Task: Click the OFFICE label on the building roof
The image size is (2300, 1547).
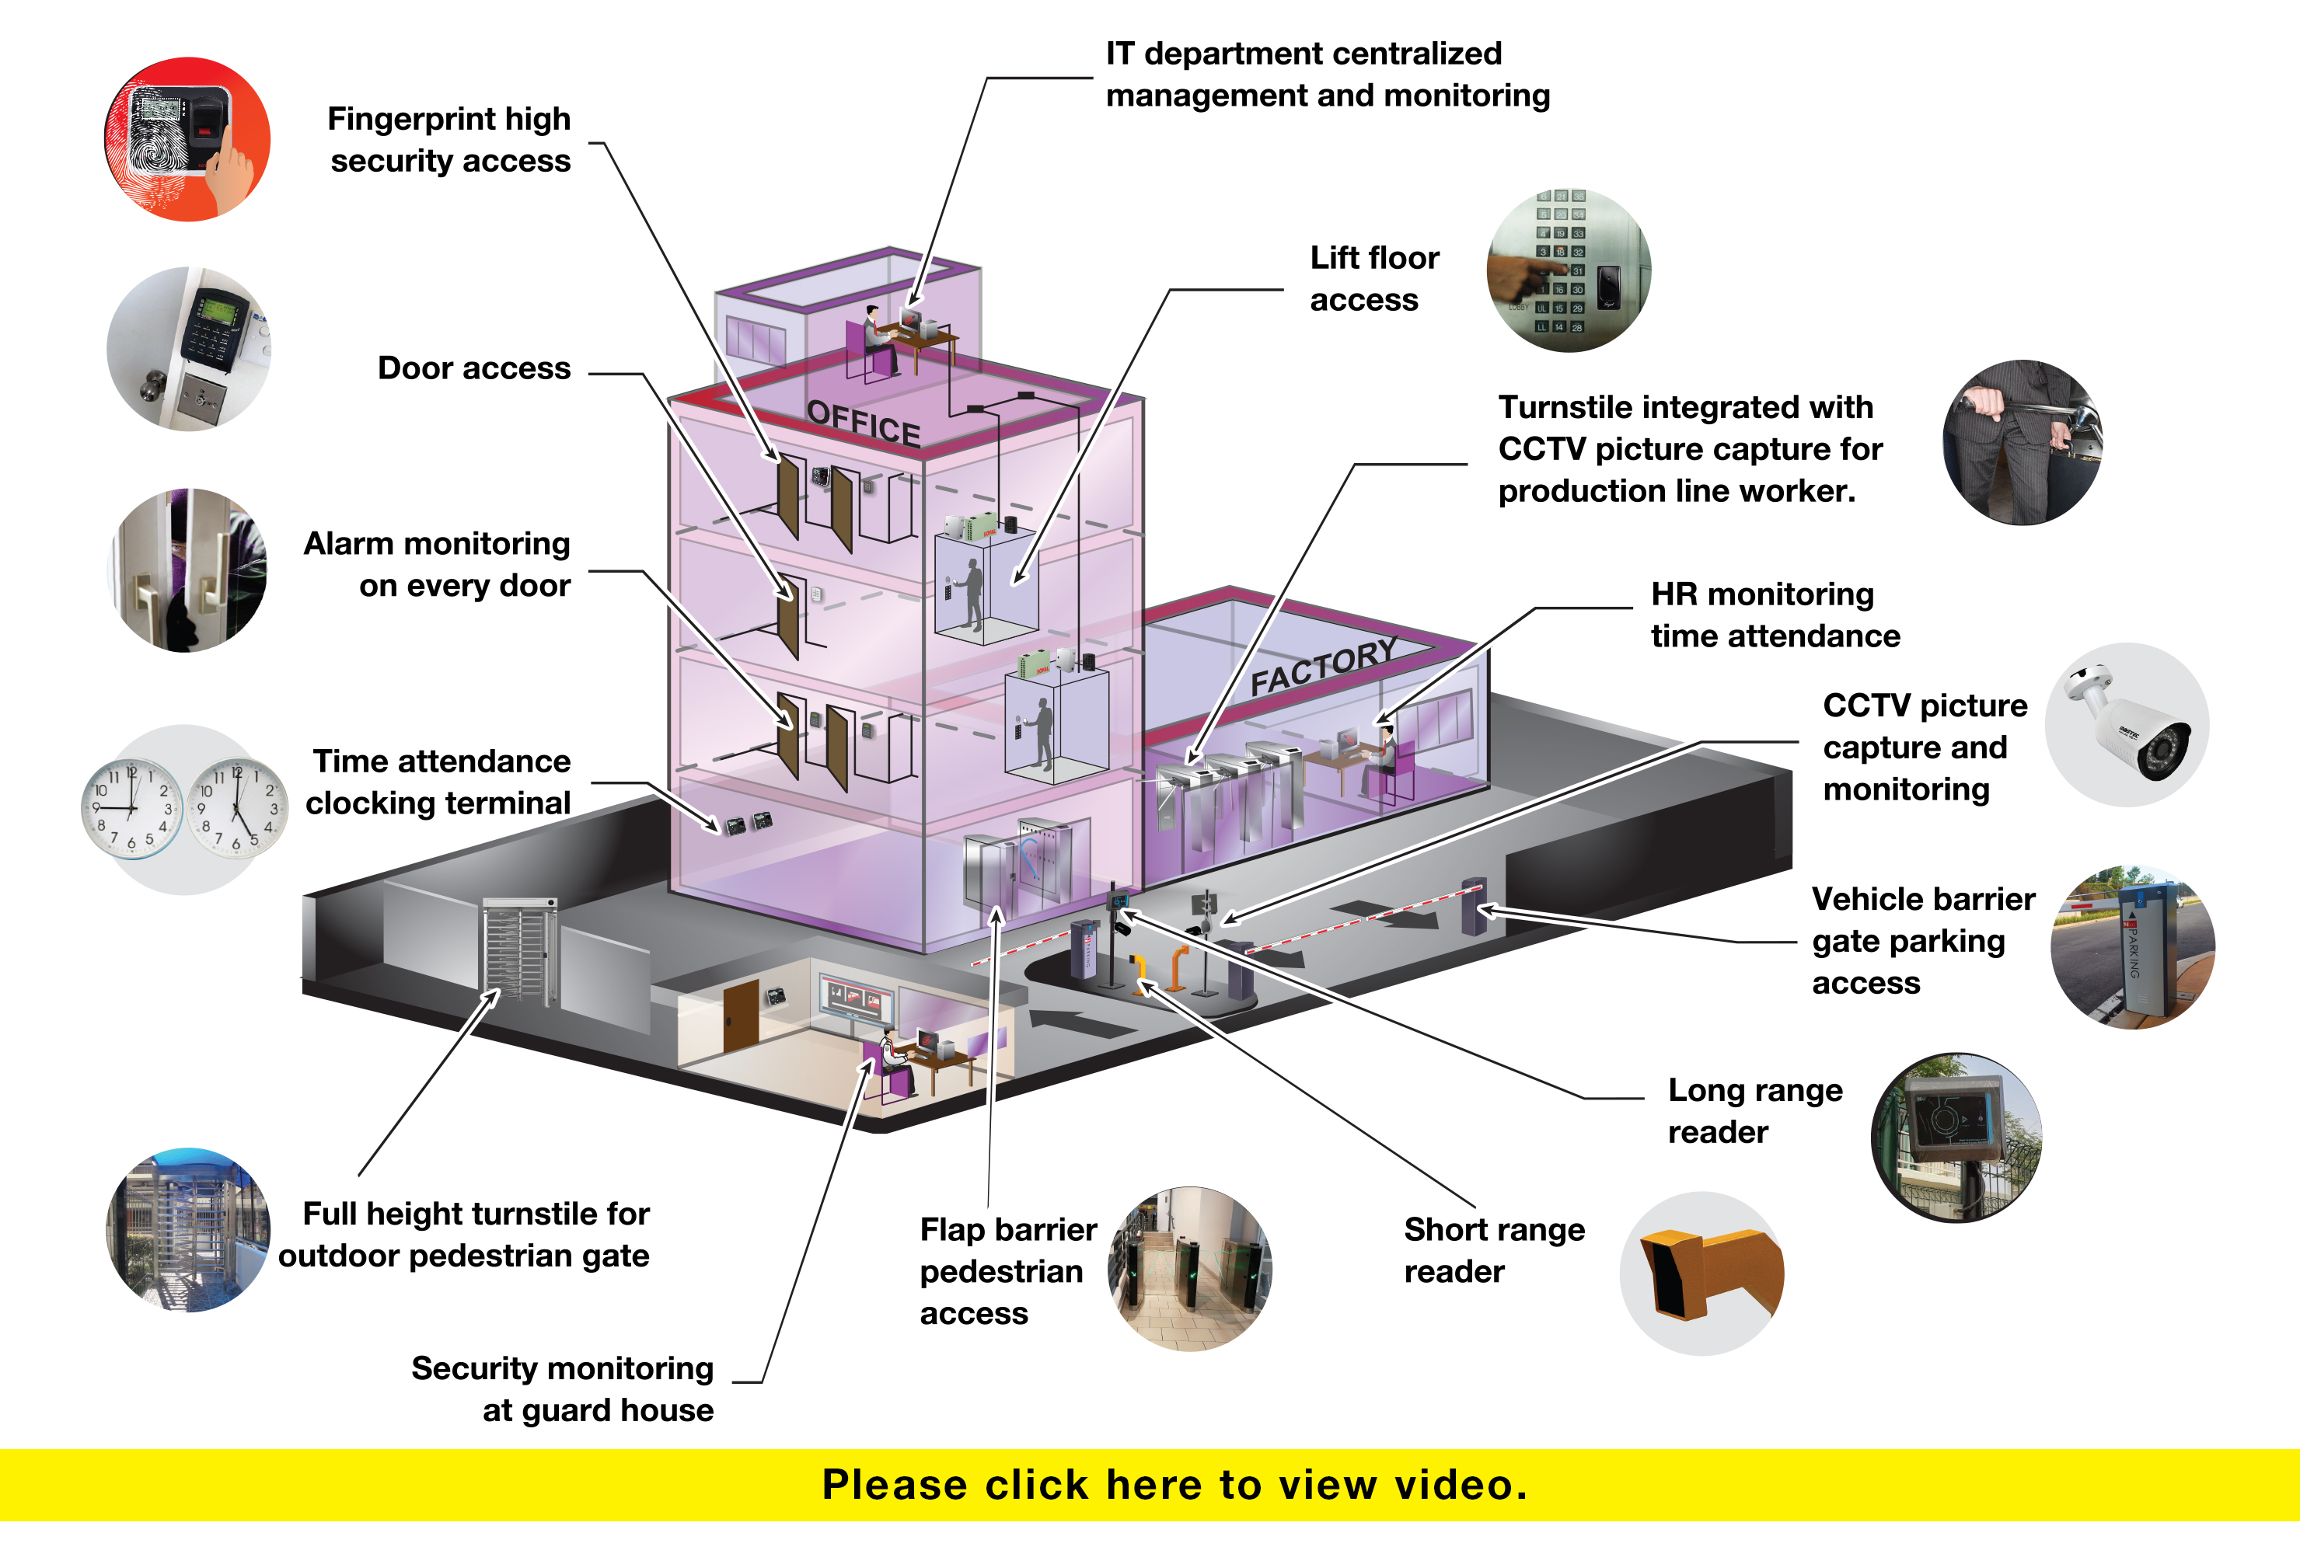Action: click(864, 424)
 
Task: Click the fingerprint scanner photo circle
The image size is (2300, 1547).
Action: click(187, 139)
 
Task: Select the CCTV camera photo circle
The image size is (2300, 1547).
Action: click(2127, 725)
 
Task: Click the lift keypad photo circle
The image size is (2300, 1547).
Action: click(1569, 270)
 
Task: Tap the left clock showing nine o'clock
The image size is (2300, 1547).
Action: click(131, 808)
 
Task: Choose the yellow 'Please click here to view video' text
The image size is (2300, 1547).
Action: click(1174, 1485)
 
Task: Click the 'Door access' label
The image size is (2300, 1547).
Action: click(473, 368)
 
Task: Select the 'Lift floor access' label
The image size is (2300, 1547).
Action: click(1374, 278)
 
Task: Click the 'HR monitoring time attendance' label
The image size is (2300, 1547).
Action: click(1775, 615)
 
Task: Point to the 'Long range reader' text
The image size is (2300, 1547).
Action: click(1755, 1111)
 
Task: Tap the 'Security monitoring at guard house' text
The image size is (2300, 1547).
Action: click(563, 1389)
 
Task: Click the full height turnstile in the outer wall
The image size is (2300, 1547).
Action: click(520, 952)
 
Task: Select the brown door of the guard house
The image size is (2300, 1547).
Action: click(741, 1016)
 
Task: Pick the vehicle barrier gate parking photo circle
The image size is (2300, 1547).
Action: click(2133, 947)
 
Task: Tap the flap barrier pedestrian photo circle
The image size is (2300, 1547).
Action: click(1190, 1269)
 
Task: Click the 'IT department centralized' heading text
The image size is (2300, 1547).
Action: click(1304, 54)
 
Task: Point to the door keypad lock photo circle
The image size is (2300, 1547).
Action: click(187, 349)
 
